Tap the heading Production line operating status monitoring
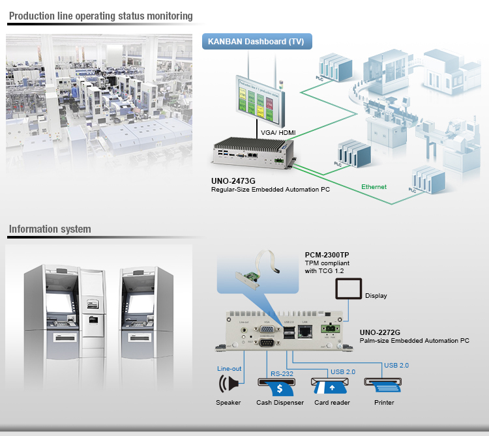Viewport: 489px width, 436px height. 101,16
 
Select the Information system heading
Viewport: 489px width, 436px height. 50,229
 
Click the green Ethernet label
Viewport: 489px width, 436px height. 374,187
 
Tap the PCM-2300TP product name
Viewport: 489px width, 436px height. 328,255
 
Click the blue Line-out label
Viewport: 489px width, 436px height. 229,369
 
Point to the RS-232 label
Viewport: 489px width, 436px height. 282,374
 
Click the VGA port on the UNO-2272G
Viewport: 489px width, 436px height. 266,329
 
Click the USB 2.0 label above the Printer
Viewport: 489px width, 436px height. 396,365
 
